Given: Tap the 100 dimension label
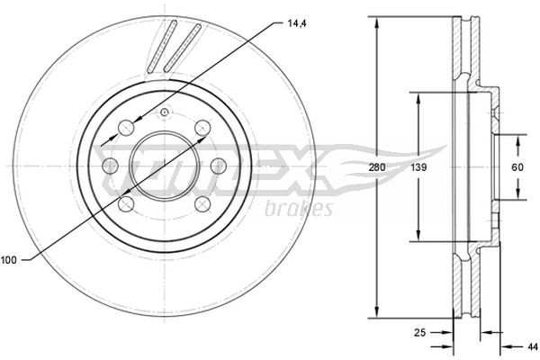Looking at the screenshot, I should (x=9, y=260).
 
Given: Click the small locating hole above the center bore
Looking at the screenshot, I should (x=165, y=112).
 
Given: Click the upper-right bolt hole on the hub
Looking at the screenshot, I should (x=202, y=127).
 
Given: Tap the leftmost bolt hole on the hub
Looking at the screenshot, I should (x=112, y=166).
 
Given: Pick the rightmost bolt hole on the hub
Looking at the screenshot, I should (x=218, y=166).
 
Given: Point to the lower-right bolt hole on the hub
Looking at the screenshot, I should (x=202, y=205).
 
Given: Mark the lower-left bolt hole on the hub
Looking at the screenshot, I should (x=128, y=205).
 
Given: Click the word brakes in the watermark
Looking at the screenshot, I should (x=300, y=209).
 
